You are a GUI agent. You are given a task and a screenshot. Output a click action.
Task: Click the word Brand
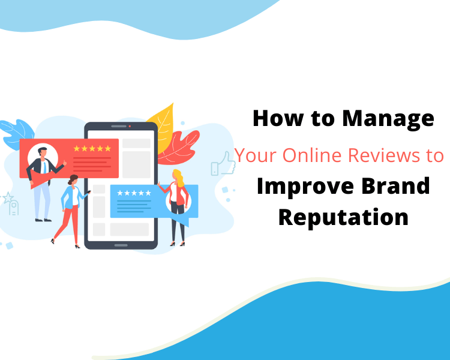(x=395, y=186)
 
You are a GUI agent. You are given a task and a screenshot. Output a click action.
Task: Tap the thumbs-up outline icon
(x=223, y=164)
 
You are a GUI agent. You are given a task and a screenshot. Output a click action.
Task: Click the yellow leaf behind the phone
(x=163, y=127)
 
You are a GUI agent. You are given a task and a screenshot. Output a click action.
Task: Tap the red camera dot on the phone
(x=130, y=126)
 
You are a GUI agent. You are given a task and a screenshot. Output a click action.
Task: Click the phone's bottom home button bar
(x=121, y=245)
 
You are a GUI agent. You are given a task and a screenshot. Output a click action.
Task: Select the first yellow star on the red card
(x=77, y=148)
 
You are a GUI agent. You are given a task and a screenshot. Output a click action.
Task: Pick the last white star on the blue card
(x=148, y=193)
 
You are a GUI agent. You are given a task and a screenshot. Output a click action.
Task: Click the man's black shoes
(x=43, y=220)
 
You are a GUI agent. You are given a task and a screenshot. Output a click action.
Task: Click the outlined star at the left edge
(x=8, y=198)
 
